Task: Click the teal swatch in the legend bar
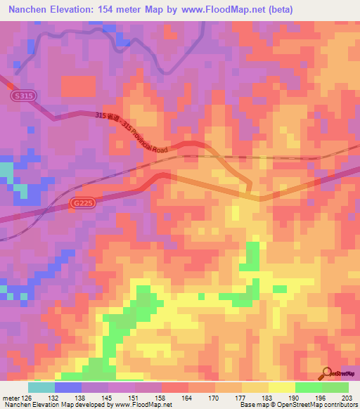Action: (41, 387)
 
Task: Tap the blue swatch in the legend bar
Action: (68, 387)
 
